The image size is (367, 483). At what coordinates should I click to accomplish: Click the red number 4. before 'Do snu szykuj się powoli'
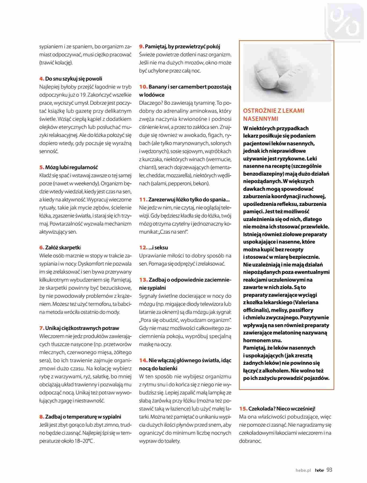click(42, 79)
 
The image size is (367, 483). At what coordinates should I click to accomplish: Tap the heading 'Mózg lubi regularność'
click(71, 167)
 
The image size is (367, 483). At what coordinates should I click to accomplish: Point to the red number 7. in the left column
click(42, 328)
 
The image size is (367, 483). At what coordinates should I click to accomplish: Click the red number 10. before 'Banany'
click(143, 87)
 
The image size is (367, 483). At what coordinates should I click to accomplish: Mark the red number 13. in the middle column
click(143, 280)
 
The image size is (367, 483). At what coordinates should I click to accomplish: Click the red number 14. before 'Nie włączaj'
click(143, 360)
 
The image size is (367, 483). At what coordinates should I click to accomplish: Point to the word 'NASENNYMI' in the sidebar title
click(261, 119)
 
